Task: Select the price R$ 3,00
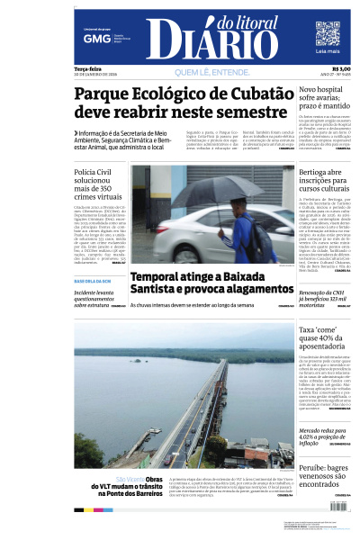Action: (341, 69)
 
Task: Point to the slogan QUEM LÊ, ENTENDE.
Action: (212, 72)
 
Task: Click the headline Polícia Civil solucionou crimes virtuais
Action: (99, 183)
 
